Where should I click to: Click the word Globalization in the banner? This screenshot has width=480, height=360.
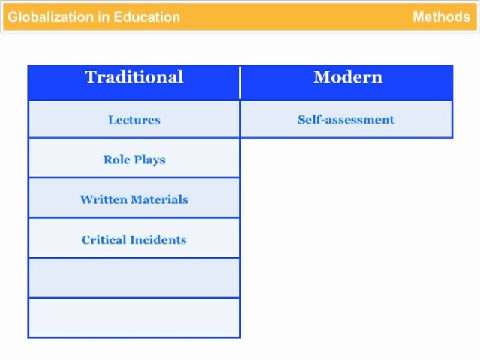pos(51,16)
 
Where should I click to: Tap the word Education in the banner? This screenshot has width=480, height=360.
pos(147,16)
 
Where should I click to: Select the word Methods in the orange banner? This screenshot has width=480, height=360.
pos(441,16)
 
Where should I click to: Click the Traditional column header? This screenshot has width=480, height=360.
pos(134,76)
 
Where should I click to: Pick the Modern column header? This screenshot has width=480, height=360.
pos(348,76)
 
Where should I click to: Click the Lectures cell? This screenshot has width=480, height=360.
pos(134,120)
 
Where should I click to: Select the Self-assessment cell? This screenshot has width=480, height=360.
pos(346,120)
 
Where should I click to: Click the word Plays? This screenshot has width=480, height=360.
pos(150,160)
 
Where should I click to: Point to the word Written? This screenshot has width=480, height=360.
pos(103,199)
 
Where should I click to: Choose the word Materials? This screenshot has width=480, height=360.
pos(159,199)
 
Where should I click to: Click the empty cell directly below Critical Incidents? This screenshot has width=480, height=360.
pos(134,277)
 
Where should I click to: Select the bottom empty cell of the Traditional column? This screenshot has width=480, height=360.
pos(134,318)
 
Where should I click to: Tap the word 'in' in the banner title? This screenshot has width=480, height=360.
pos(104,16)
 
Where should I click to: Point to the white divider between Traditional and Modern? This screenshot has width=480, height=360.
pos(241,82)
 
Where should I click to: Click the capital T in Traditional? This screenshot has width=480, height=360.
pos(91,76)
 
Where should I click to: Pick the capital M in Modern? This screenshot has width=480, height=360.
pos(322,76)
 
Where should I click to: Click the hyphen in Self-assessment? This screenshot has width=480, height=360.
pos(322,121)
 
